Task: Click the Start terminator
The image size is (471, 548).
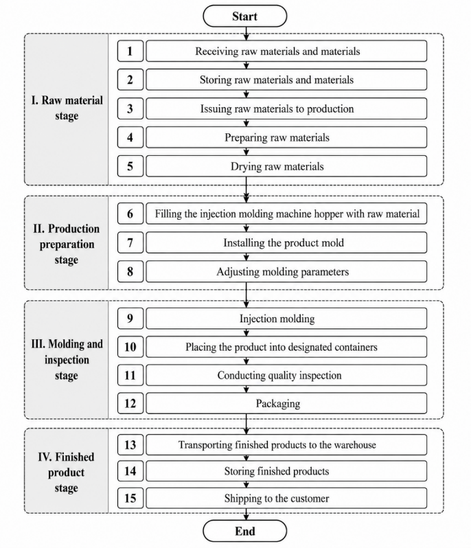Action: click(244, 16)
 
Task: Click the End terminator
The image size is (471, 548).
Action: click(244, 531)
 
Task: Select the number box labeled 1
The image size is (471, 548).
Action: click(130, 51)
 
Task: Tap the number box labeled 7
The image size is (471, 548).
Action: click(130, 242)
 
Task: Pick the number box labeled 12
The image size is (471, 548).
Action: click(130, 403)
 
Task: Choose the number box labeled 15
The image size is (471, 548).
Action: click(130, 498)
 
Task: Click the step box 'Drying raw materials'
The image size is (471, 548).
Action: click(286, 166)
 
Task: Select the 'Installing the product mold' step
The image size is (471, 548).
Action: click(286, 242)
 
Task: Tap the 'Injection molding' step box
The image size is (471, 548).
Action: click(286, 318)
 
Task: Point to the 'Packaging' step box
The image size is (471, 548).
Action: click(286, 403)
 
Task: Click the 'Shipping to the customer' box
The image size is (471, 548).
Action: click(286, 498)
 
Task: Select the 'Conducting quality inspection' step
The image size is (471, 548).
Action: click(286, 375)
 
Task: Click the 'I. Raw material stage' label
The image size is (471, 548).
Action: click(67, 108)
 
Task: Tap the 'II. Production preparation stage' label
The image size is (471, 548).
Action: click(67, 244)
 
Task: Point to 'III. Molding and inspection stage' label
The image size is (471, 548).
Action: click(67, 360)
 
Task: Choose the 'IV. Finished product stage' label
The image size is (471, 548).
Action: click(67, 472)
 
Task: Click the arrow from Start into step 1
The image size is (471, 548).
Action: click(246, 34)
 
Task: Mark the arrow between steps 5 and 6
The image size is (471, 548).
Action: click(246, 190)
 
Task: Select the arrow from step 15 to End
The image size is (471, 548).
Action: click(246, 514)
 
